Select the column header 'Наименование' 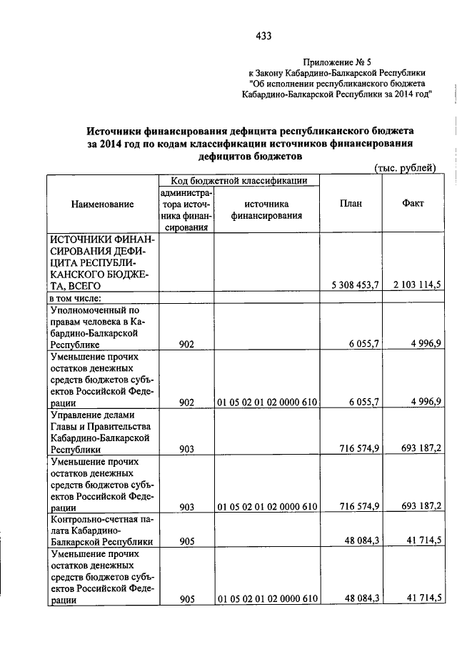tap(103, 204)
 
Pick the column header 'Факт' tap(413, 203)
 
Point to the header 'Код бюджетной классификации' tap(233, 181)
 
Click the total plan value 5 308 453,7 tap(354, 285)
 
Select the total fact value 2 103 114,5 tap(417, 285)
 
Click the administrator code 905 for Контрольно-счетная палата tap(187, 542)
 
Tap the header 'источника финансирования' tap(266, 209)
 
